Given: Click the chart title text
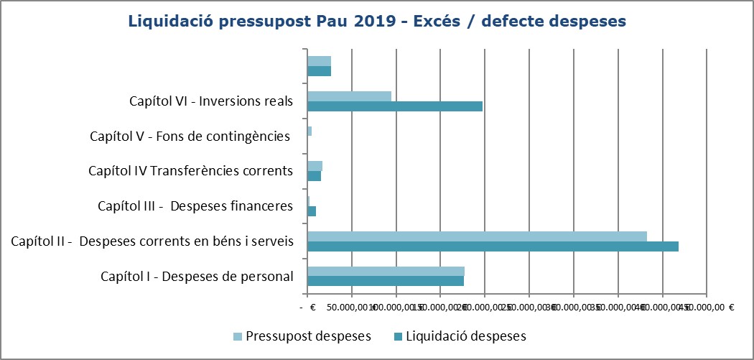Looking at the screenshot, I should click(377, 22).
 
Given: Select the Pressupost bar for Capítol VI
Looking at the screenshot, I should click(349, 96).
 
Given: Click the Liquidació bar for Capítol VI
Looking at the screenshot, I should click(395, 106).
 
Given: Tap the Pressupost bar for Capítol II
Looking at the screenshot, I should click(477, 236).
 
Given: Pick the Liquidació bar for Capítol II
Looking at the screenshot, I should click(493, 246).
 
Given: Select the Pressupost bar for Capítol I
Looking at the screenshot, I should click(386, 271).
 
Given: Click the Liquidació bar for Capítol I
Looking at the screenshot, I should click(386, 281).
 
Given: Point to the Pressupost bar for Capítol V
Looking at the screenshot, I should click(309, 131).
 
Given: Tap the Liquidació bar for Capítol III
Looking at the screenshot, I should click(312, 211).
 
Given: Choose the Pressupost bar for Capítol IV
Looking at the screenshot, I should click(315, 166).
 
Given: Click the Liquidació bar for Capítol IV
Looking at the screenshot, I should click(314, 176).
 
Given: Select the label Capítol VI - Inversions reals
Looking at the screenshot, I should click(211, 101).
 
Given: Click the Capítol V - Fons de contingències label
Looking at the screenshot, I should click(190, 136).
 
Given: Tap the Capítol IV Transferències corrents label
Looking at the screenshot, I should click(190, 171).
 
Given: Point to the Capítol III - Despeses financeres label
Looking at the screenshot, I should click(195, 206).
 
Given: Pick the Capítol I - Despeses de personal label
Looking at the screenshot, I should click(197, 276).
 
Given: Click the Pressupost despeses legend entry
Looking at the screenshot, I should click(308, 336).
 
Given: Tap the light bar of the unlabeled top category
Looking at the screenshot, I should click(319, 61).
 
